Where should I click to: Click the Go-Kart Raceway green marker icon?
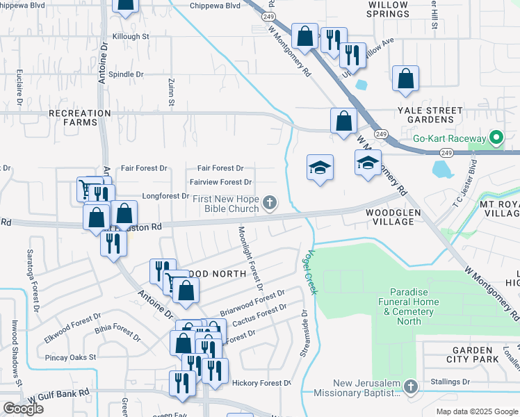click(496, 138)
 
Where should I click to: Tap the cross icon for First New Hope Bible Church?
click(270, 203)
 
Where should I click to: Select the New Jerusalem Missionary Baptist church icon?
click(411, 386)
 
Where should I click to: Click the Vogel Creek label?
click(310, 272)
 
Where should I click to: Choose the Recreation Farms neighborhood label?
click(79, 117)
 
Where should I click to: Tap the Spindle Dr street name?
click(126, 74)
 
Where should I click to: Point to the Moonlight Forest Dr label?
click(251, 258)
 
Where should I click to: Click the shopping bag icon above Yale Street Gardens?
click(405, 79)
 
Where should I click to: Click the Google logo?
click(24, 408)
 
